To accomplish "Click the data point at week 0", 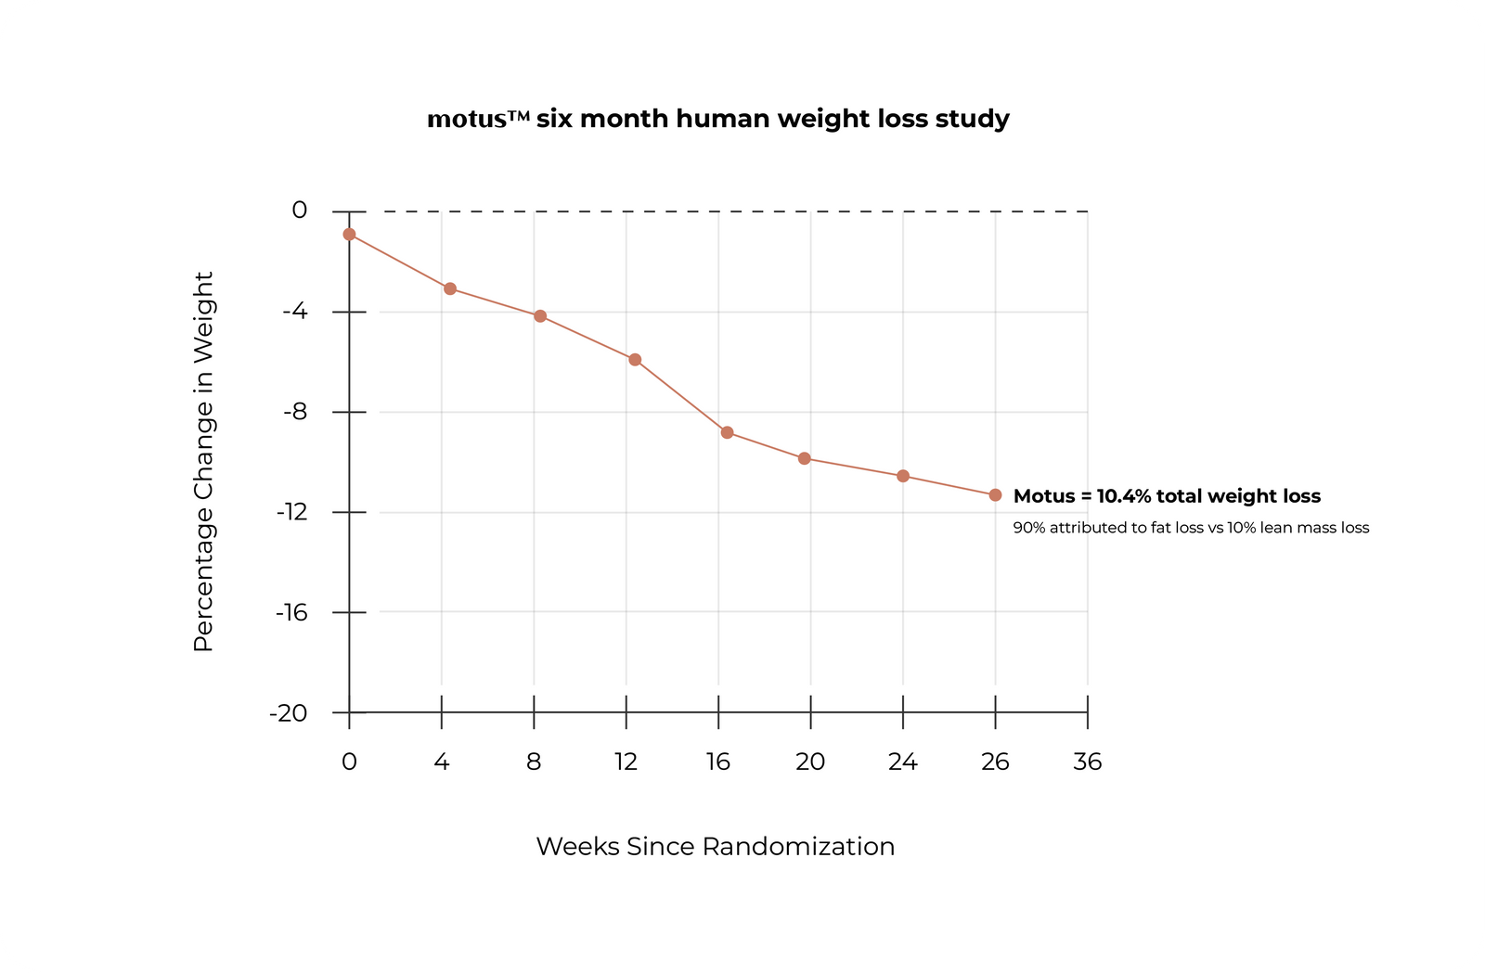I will pyautogui.click(x=349, y=235).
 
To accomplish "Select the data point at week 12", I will pyautogui.click(x=635, y=360).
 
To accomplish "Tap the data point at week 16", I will pyautogui.click(x=727, y=432).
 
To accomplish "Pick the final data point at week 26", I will pyautogui.click(x=995, y=495).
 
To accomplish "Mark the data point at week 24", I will pyautogui.click(x=903, y=476).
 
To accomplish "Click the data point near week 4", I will pyautogui.click(x=450, y=288).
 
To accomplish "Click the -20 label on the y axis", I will pyautogui.click(x=288, y=713).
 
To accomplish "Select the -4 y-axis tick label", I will pyautogui.click(x=294, y=312).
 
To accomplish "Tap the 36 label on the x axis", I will pyautogui.click(x=1087, y=762).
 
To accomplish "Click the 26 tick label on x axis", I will pyautogui.click(x=995, y=762).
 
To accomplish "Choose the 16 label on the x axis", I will pyautogui.click(x=718, y=762).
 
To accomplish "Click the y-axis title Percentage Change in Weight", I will pyautogui.click(x=203, y=462).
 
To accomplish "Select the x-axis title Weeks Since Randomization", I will pyautogui.click(x=716, y=847).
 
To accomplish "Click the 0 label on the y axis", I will pyautogui.click(x=299, y=211).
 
